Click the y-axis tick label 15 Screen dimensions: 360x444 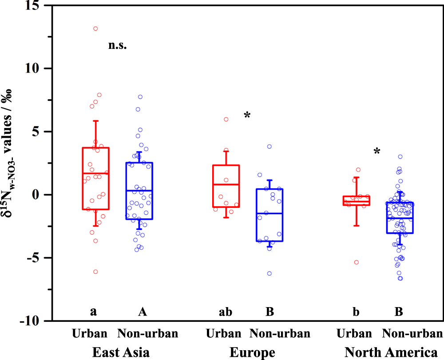click(x=32, y=6)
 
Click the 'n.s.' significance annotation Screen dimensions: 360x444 click(x=118, y=45)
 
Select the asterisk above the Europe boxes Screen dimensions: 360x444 click(x=247, y=116)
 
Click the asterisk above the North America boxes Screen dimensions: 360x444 click(x=377, y=152)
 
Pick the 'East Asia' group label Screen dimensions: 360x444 click(x=121, y=352)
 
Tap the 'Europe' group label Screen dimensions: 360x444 click(x=252, y=352)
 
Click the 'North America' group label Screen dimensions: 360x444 click(x=391, y=352)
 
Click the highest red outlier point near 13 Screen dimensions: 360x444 click(x=95, y=28)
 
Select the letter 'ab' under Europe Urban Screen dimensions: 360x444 click(x=226, y=312)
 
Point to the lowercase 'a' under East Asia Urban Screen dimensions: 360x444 click(x=93, y=312)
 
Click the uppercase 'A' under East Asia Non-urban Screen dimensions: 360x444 click(x=142, y=312)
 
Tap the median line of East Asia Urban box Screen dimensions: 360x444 click(x=95, y=173)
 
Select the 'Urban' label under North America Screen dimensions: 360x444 click(x=354, y=334)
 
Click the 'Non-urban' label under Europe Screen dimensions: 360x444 click(x=280, y=334)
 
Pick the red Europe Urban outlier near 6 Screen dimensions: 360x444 click(x=226, y=119)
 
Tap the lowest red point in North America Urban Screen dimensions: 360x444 click(x=356, y=262)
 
